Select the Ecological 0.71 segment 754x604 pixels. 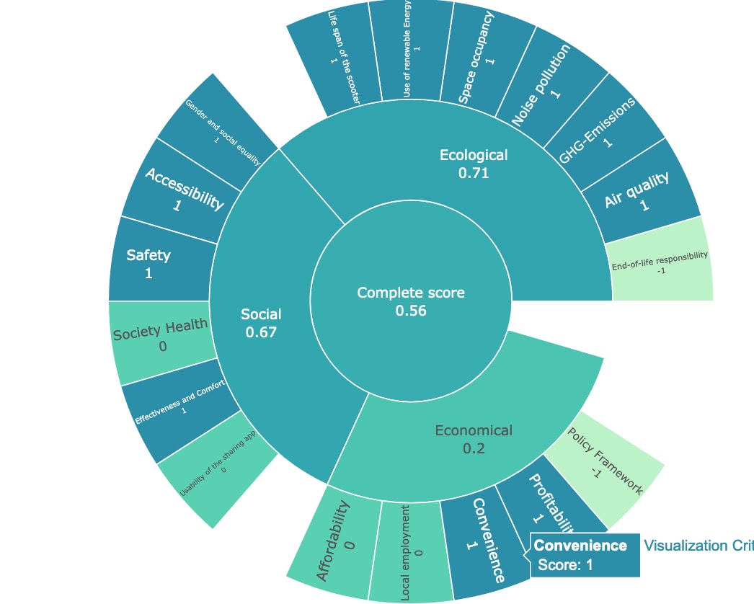pos(474,164)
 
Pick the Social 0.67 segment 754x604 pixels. pos(261,322)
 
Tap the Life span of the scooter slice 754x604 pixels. pos(333,61)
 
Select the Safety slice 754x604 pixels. pos(155,262)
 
